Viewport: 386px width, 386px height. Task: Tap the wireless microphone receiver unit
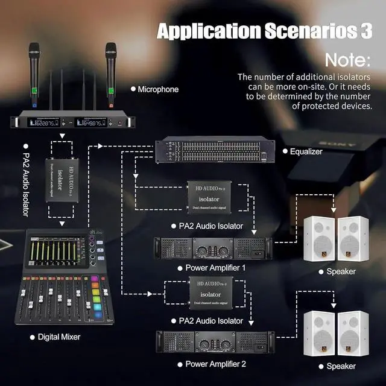pos(73,121)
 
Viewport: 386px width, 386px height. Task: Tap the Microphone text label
pos(158,89)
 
